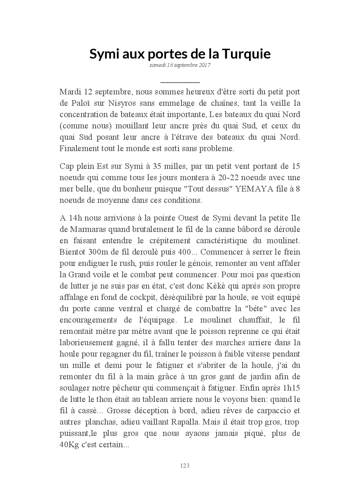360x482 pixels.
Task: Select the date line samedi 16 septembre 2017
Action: click(x=180, y=65)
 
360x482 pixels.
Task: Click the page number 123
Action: click(x=185, y=466)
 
